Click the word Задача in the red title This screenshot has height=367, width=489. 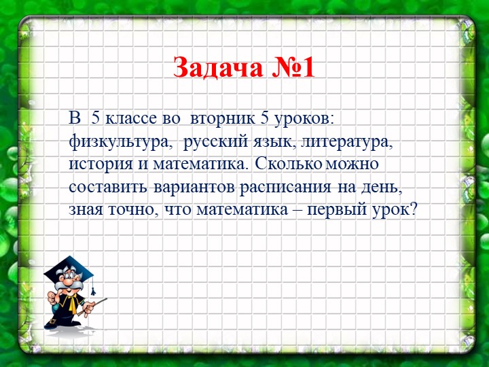point(218,67)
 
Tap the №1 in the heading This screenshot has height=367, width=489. point(293,67)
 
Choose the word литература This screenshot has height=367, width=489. point(346,143)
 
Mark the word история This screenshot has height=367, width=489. point(101,164)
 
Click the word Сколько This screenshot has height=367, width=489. point(288,164)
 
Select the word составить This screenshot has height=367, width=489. point(107,187)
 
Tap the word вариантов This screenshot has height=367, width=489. point(194,188)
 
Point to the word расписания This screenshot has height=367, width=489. point(285,188)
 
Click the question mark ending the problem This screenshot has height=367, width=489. point(413,209)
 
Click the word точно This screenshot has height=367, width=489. point(131,210)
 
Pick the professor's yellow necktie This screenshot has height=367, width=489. point(72,302)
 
